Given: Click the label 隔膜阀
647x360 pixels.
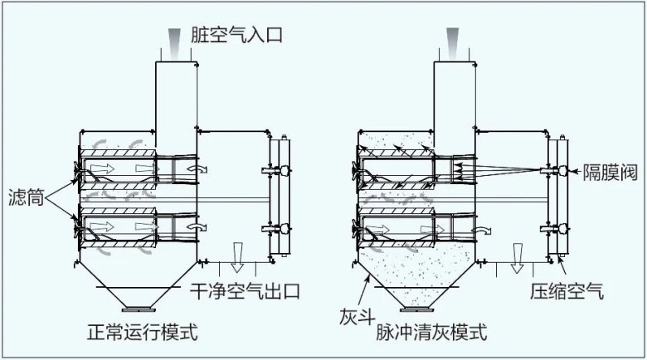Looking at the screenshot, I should point(610,169).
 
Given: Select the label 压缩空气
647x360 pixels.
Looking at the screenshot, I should point(568,291).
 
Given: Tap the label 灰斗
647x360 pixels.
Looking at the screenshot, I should point(354,315).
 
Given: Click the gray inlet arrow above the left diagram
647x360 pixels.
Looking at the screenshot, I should point(173,40).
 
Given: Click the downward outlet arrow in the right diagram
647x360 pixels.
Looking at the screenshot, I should point(517,258).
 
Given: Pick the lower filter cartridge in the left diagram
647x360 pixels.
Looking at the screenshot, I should point(116,226).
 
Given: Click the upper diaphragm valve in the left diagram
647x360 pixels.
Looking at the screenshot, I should point(282,170).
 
